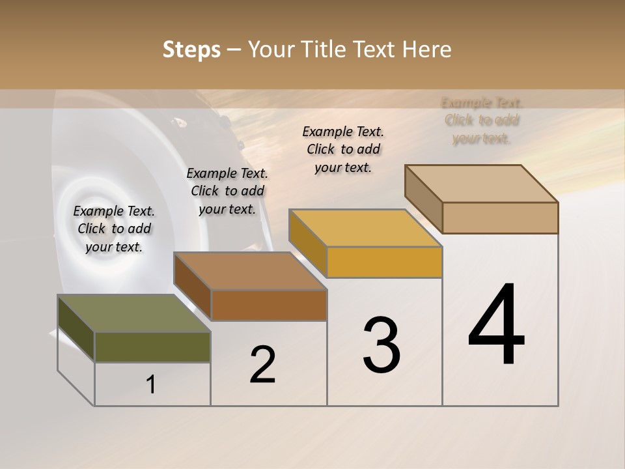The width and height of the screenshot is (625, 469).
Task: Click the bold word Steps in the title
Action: [191, 50]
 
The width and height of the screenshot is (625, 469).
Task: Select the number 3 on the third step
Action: [382, 345]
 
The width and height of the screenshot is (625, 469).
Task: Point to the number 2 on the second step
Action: [263, 365]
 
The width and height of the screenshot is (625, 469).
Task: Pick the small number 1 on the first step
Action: [151, 385]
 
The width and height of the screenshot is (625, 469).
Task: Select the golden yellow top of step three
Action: [365, 228]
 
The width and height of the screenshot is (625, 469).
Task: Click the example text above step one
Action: [114, 229]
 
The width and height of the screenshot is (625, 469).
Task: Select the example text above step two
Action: [227, 191]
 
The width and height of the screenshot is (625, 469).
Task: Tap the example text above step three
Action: [343, 149]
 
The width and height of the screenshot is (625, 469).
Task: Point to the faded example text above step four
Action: [482, 121]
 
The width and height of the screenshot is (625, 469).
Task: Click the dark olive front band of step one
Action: [152, 347]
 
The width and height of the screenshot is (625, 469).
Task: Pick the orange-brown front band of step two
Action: [269, 305]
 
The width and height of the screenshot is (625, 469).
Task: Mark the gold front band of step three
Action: [384, 262]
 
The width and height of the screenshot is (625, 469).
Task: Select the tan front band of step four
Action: [500, 218]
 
